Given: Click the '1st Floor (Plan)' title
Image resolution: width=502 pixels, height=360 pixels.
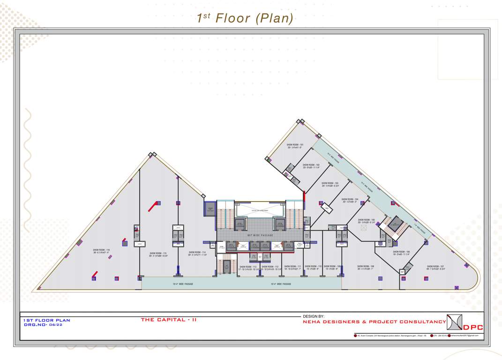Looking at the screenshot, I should point(245,18).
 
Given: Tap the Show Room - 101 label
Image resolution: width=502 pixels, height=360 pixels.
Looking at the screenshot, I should point(295,145).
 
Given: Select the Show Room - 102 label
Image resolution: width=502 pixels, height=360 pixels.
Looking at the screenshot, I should point(311,165).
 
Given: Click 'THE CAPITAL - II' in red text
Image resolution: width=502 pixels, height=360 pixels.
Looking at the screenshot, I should point(169,320).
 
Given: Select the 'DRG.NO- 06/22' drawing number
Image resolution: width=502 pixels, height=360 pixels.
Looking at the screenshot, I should point(43,324).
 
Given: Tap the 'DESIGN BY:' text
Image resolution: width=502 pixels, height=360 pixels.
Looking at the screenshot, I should point(314,316).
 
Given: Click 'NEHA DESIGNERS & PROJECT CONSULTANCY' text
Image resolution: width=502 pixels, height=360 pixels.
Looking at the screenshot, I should point(374,322).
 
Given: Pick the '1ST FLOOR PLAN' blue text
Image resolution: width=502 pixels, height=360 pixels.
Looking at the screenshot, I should point(46,320).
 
